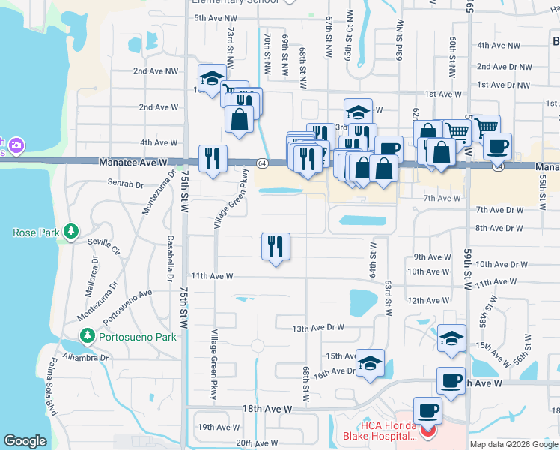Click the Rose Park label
coord(36,232)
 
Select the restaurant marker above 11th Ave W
coord(276,245)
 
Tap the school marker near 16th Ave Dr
coord(370,361)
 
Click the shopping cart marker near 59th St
coord(486,127)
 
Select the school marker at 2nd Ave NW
coord(212,76)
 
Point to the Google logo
coord(25,441)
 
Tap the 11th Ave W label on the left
coord(212,276)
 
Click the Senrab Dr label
coord(125,183)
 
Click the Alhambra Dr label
coord(84,357)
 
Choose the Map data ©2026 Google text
coord(513,444)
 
